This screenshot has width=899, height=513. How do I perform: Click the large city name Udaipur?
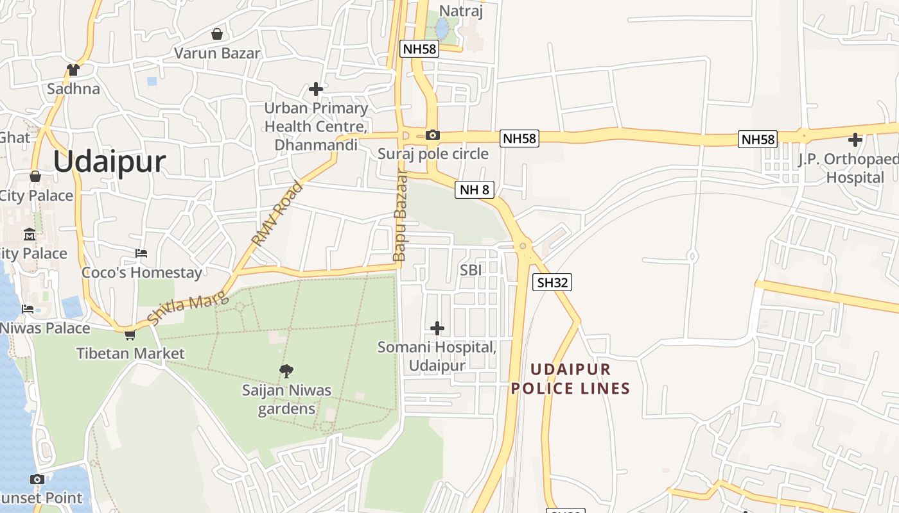point(109,162)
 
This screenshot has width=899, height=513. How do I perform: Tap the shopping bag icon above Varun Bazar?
point(217,34)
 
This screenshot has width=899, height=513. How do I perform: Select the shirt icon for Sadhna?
point(73,69)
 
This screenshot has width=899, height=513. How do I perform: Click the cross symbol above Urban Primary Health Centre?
point(315,88)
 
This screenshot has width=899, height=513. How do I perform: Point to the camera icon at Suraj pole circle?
point(433,135)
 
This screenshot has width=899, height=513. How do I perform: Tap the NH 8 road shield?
point(475,189)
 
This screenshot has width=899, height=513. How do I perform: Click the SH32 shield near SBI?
point(552,282)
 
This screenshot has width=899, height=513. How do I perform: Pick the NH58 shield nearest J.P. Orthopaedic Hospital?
point(758,139)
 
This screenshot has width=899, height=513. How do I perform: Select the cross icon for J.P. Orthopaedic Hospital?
point(855,139)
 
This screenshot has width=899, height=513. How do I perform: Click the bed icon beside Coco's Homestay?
point(141,253)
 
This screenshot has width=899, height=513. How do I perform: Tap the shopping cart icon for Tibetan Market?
point(130,334)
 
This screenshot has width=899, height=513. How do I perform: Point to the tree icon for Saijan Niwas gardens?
point(286,371)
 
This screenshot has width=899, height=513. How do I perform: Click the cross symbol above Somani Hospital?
point(437,328)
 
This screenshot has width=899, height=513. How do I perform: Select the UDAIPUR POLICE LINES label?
point(570,379)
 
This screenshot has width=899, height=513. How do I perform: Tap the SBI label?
point(471,271)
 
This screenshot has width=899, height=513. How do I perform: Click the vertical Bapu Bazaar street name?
point(399,215)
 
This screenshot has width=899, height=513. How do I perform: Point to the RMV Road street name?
point(277,215)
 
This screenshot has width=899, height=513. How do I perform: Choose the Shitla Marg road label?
point(188,308)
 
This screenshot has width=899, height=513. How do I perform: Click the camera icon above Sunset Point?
point(37,479)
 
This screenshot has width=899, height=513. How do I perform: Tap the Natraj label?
point(460,11)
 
